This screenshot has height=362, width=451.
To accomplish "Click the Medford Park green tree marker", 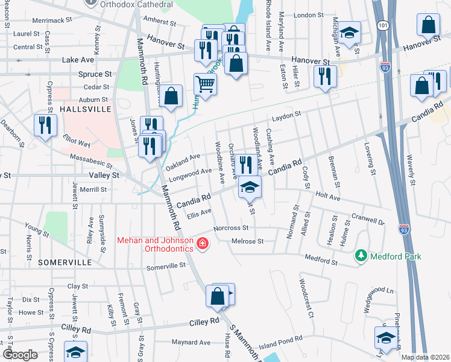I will pyautogui.click(x=361, y=256).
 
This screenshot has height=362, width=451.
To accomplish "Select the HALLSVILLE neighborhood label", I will pyautogui.click(x=86, y=109).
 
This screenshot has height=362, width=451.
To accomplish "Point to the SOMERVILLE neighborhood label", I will pyautogui.click(x=65, y=263).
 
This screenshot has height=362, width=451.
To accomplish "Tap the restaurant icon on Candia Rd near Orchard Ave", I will pyautogui.click(x=244, y=164).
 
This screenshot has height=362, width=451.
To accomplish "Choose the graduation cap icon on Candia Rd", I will pyautogui.click(x=250, y=187).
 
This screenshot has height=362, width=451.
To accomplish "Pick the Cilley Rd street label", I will pyautogui.click(x=205, y=322).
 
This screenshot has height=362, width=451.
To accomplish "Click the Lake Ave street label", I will pyautogui.click(x=78, y=60).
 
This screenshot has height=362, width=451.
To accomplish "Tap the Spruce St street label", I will pyautogui.click(x=95, y=74).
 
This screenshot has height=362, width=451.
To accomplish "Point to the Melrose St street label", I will pyautogui.click(x=248, y=241).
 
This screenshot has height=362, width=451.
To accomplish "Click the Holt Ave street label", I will pyautogui.click(x=328, y=197).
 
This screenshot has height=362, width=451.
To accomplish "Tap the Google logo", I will pyautogui.click(x=20, y=355).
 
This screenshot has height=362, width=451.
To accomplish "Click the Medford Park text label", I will pyautogui.click(x=396, y=256).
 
